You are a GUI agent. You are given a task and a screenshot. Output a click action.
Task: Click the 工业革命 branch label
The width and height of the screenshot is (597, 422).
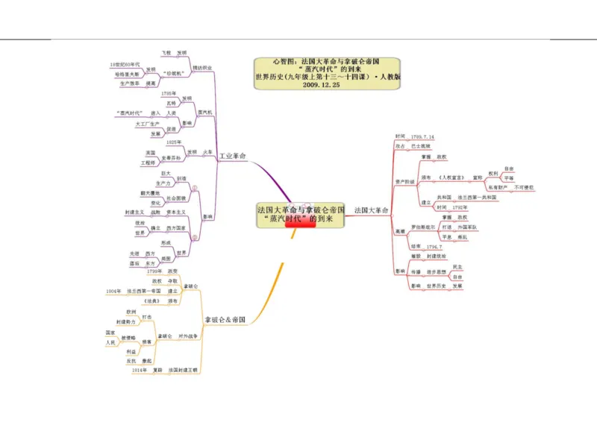tap(233, 156)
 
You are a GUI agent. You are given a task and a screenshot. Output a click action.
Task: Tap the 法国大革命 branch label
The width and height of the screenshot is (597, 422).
tap(371, 210)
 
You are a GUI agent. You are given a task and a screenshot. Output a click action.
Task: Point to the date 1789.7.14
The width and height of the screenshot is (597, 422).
tap(422, 137)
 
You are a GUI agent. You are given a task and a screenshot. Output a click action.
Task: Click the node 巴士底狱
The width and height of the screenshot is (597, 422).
tap(421, 147)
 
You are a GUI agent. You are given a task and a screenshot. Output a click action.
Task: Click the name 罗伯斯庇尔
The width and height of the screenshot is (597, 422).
tap(423, 226)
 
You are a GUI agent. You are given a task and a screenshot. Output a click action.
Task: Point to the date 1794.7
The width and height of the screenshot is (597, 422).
tap(435, 246)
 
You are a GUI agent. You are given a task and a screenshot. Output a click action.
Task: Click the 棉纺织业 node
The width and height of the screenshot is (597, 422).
tap(202, 68)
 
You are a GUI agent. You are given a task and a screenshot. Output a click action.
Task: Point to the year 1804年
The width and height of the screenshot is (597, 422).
tap(113, 291)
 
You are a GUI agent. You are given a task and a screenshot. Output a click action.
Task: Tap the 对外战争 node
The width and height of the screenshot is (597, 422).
tap(188, 336)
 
